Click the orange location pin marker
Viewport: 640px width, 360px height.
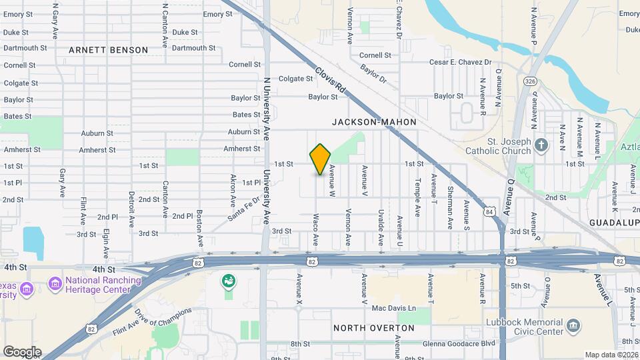(x=321, y=159)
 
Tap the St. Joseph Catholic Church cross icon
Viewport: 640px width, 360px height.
(x=541, y=145)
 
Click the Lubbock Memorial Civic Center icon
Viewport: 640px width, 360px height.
(x=573, y=327)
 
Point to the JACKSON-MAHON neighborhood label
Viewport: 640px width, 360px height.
(x=374, y=122)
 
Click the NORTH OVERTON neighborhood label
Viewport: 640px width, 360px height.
(x=373, y=328)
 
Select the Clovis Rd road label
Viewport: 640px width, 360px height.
(x=331, y=79)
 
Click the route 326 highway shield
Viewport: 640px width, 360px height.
(x=530, y=81)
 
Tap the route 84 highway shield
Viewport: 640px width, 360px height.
(x=491, y=212)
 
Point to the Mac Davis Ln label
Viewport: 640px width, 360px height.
(x=393, y=308)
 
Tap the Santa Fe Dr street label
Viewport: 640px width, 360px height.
(x=243, y=209)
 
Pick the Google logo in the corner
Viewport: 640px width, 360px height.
(x=22, y=352)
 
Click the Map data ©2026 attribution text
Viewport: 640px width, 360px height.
(x=611, y=355)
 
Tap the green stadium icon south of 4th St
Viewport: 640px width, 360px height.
(x=229, y=281)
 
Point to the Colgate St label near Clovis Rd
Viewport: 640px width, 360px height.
(x=295, y=79)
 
